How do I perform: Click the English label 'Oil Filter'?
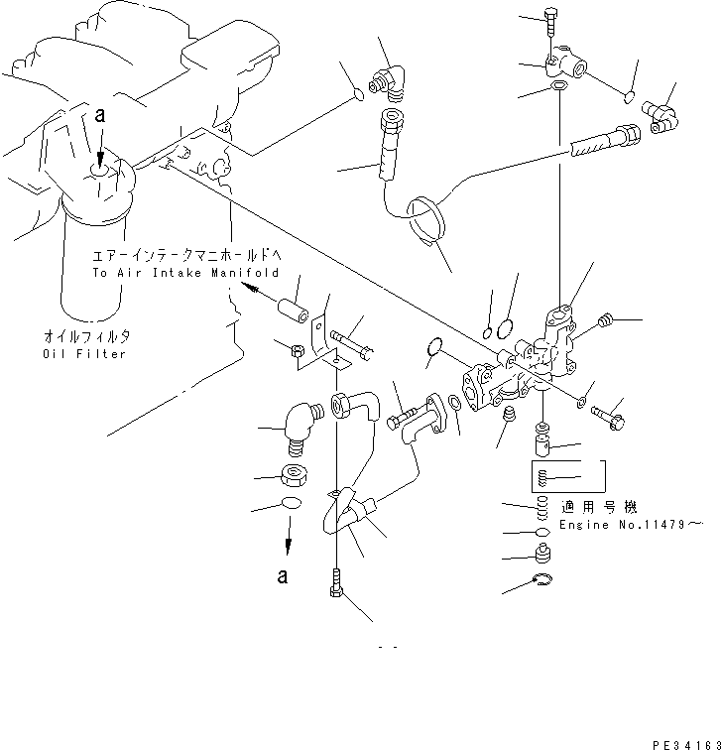pyautogui.click(x=84, y=354)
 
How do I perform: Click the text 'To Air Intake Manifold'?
pyautogui.click(x=185, y=272)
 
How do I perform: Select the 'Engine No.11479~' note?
pyautogui.click(x=631, y=524)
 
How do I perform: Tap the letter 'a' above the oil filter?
pyautogui.click(x=99, y=116)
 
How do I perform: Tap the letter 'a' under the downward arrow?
pyautogui.click(x=284, y=574)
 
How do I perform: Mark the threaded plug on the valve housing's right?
pyautogui.click(x=605, y=320)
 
